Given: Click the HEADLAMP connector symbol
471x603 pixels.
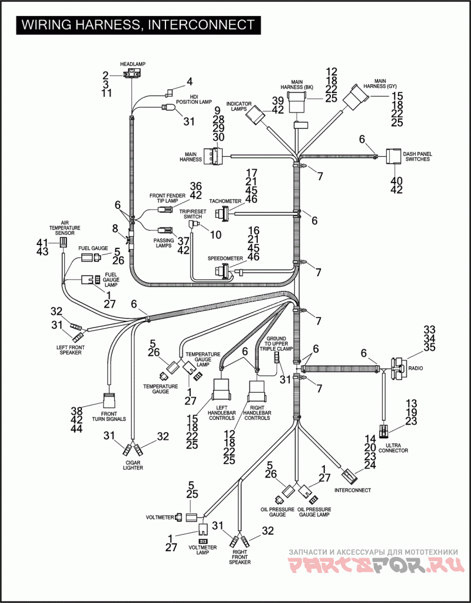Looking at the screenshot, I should [132, 74].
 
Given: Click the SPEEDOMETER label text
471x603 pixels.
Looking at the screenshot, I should [222, 259].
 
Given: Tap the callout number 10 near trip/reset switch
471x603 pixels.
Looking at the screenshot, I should [215, 234].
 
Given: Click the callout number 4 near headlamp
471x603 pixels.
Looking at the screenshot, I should [190, 82].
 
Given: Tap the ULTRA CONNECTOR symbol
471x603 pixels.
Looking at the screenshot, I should [384, 432].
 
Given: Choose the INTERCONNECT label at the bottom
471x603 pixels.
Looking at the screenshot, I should [353, 490].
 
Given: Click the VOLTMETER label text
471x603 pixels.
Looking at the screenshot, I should [160, 518].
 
